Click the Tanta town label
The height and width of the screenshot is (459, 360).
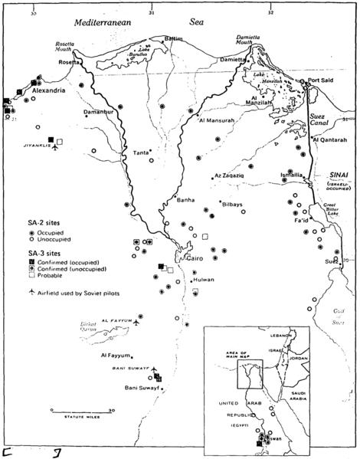(141, 152)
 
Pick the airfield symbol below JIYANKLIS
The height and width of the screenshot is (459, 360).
(54, 149)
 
